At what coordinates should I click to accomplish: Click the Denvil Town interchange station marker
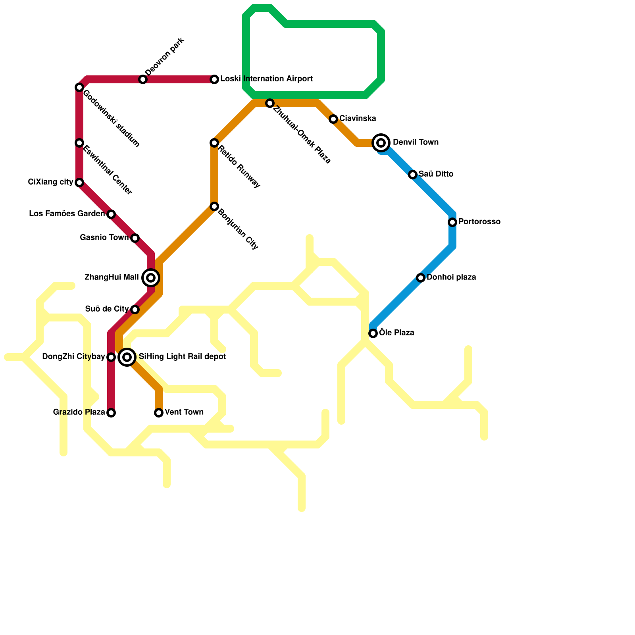pos(381,143)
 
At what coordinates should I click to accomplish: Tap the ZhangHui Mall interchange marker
pos(151,278)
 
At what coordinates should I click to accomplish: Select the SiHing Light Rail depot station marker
pos(127,357)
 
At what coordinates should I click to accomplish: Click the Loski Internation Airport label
pos(266,79)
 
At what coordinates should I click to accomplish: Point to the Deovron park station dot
pos(143,79)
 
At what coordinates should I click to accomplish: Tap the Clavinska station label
pos(358,119)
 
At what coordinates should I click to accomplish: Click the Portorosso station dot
pos(452,222)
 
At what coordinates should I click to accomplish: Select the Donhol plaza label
pos(451,277)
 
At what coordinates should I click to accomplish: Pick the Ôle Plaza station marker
pos(373,333)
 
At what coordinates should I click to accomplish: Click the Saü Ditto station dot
pos(413,175)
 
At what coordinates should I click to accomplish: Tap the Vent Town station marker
pos(159,413)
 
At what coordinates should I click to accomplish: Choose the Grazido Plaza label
pos(79,412)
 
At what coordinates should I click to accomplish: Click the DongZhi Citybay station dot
pos(111,357)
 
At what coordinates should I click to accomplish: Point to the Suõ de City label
pos(107,309)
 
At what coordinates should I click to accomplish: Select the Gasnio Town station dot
pos(135,238)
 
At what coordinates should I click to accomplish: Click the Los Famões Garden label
pos(67,214)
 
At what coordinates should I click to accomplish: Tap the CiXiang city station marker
pos(79,183)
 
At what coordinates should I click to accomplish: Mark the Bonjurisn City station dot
pos(214,206)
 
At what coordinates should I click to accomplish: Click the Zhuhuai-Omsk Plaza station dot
pos(270,103)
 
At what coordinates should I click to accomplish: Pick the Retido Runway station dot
pos(214,143)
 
